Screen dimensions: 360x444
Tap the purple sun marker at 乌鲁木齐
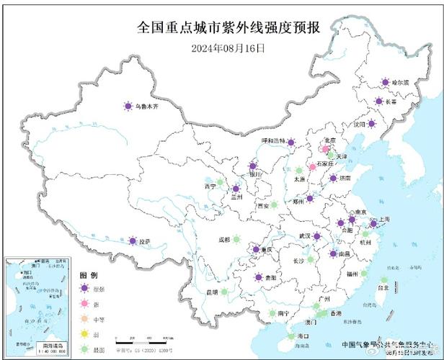coord(128,107)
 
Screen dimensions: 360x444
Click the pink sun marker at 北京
coord(326,150)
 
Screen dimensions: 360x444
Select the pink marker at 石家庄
coord(312,166)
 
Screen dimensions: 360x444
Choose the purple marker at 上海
coord(374,224)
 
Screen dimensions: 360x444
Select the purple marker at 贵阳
coord(258,276)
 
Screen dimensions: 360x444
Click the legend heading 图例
coord(88,276)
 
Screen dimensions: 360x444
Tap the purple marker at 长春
coord(378,102)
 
